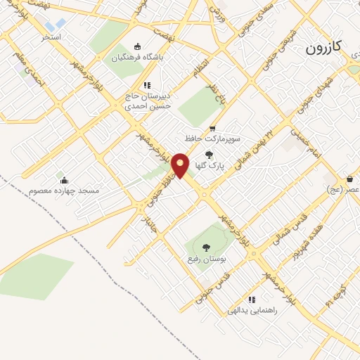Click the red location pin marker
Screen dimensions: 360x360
[x=181, y=165]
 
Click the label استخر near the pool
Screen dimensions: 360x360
[x=51, y=36]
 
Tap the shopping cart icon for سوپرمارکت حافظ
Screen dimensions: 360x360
[x=212, y=128]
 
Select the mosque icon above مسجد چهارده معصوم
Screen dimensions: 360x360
[x=64, y=180]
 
